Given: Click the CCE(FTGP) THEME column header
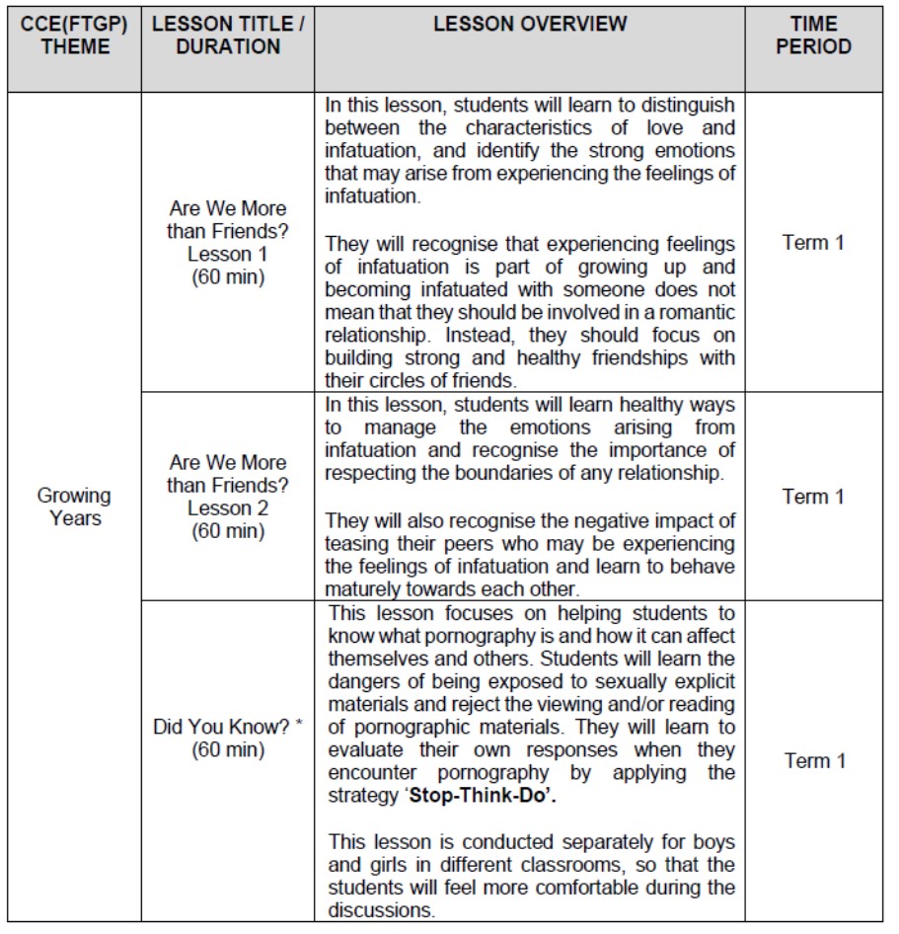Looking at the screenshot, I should coord(74,36).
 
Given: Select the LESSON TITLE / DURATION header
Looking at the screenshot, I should coord(227,36).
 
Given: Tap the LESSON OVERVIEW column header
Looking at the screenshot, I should coord(530,25).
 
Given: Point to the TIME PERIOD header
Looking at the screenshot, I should coord(813,36).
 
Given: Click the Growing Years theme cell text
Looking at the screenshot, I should coord(74,506).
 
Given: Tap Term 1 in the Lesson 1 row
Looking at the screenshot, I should coord(813,243).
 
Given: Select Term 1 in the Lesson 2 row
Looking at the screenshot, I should coord(813,497).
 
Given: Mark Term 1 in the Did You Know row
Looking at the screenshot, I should coord(813,760).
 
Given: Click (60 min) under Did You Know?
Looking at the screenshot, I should coord(227,750).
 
